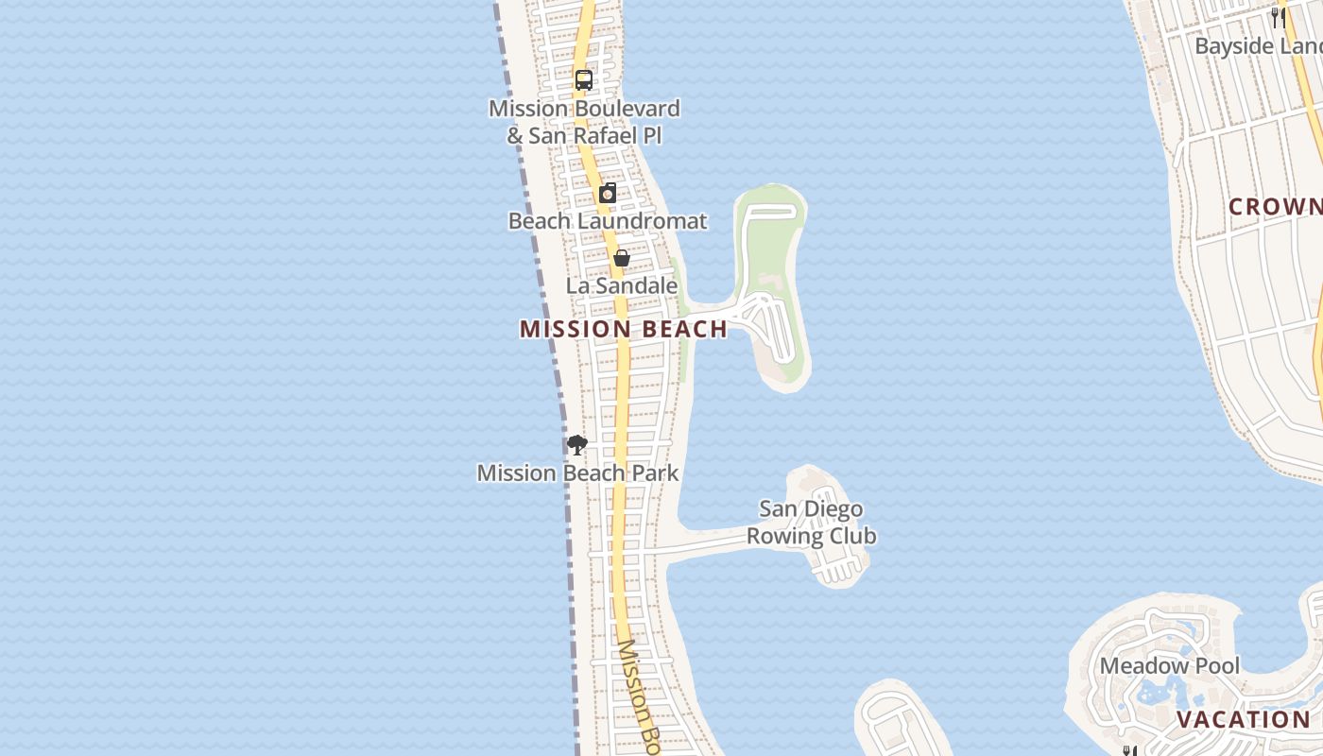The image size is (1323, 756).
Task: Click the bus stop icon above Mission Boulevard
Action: (x=584, y=80)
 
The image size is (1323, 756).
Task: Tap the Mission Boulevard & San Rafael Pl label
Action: (x=584, y=122)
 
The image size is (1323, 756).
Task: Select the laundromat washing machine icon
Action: (x=608, y=193)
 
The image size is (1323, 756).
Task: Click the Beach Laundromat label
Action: (x=608, y=221)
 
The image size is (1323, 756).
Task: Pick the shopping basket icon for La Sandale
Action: (x=622, y=258)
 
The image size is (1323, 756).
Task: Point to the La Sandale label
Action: (x=622, y=285)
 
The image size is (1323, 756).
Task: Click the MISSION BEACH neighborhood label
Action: (x=624, y=329)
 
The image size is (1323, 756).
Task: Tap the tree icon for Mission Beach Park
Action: (x=576, y=444)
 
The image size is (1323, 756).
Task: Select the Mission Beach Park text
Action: (x=577, y=472)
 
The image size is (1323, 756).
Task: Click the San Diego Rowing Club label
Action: (x=811, y=523)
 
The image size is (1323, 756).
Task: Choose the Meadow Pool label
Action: (x=1169, y=665)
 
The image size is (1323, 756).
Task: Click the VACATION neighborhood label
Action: (x=1244, y=719)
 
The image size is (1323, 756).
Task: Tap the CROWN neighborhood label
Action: (x=1275, y=206)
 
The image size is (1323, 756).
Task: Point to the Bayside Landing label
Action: (x=1258, y=45)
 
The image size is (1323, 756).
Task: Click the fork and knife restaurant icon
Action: (x=1278, y=16)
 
